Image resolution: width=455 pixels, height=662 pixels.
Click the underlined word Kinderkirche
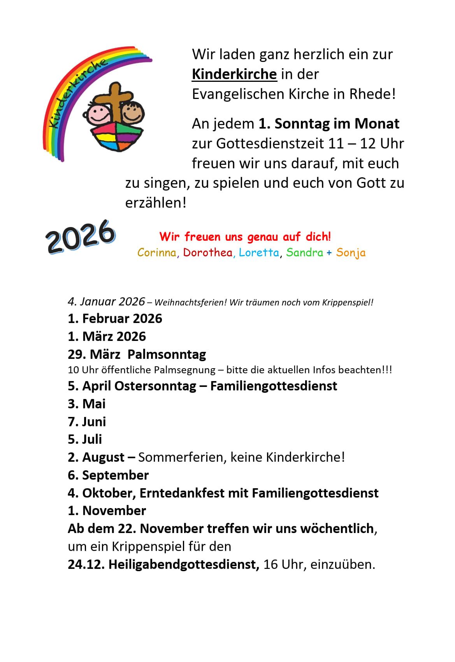point(234,74)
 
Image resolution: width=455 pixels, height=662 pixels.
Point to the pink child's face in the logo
point(97,114)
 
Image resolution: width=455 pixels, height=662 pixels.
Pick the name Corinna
point(157,252)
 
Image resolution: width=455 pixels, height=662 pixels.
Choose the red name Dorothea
point(208,252)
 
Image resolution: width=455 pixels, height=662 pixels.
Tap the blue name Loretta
point(259,252)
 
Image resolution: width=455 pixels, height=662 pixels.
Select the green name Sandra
point(304,252)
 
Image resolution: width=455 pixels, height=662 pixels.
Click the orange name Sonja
point(351,253)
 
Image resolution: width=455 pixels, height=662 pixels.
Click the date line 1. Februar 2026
point(115,319)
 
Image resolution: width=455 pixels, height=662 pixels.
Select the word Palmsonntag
point(167,355)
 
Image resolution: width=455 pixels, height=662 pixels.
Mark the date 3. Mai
point(86,404)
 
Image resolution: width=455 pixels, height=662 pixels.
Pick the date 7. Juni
point(87,422)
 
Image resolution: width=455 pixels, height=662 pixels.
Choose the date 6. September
point(108,475)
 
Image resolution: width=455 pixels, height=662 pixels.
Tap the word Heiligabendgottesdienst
point(184,565)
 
